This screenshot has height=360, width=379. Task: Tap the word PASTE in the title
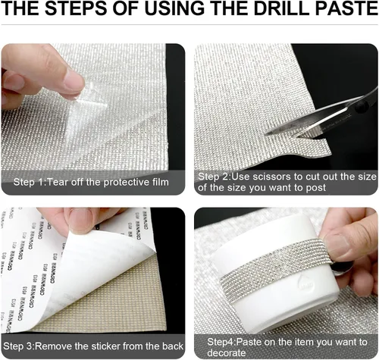coord(346,8)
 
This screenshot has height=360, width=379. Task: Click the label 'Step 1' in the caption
coord(29,182)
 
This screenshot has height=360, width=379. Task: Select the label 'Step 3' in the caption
coord(18,346)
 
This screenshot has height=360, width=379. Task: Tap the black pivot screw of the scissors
coord(361,105)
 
